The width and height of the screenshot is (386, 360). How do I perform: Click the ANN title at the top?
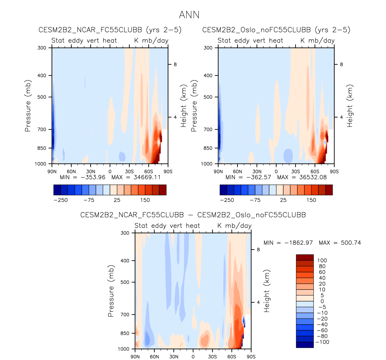click(189, 15)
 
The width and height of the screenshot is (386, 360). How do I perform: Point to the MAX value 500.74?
click(351, 243)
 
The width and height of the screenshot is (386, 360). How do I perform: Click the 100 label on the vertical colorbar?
click(322, 260)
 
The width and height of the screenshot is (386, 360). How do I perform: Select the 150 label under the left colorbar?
click(145, 200)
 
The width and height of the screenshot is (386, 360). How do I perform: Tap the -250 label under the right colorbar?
click(227, 200)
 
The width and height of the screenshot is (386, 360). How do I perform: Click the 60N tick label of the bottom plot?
click(154, 357)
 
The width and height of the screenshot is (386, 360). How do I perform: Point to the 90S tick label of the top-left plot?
click(168, 172)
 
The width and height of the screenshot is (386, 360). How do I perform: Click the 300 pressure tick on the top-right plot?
click(208, 48)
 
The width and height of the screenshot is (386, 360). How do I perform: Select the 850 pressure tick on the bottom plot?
click(125, 333)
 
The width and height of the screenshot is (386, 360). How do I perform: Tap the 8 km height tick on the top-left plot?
click(175, 64)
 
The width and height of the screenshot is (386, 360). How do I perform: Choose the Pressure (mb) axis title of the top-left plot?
click(28, 106)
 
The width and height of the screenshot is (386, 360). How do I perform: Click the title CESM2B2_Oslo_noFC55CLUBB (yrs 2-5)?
click(276, 30)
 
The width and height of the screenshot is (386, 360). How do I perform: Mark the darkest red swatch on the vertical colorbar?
click(305, 257)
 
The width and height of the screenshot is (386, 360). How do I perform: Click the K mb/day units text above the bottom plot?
click(234, 226)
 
